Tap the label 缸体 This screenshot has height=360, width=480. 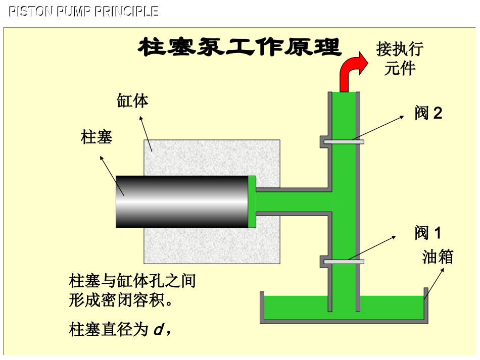tap(133, 101)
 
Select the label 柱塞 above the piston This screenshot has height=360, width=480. tap(97, 137)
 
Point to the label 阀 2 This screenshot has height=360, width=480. tap(428, 113)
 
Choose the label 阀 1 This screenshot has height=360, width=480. tap(427, 233)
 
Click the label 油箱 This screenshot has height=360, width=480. tap(437, 257)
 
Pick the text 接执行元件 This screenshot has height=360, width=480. tap(400, 59)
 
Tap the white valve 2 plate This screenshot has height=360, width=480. tap(344, 142)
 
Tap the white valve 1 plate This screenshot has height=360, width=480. tap(344, 262)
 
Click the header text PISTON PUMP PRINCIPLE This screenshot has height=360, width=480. tap(83, 12)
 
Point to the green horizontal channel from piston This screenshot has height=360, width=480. tap(293, 202)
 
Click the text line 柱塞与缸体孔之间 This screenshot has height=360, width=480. tap(132, 281)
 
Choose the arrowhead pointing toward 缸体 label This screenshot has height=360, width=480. tap(141, 120)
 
